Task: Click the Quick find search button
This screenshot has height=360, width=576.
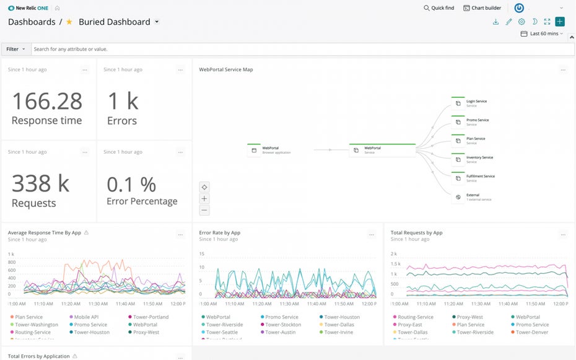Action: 439,8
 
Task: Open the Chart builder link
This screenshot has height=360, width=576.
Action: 482,8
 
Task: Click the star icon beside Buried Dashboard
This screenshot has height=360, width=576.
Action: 69,22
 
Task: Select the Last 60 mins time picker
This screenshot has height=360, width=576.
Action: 542,33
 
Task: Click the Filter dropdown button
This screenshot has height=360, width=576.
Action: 15,49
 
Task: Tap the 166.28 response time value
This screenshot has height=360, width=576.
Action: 46,101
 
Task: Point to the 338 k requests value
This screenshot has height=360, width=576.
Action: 40,183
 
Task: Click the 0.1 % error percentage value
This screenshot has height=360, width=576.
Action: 131,184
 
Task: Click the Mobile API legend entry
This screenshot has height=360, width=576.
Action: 86,317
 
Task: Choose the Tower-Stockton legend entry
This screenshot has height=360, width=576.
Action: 283,325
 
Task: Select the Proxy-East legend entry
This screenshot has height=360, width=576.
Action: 409,325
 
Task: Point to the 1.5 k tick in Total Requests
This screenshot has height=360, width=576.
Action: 395,265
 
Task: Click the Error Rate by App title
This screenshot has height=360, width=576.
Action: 219,233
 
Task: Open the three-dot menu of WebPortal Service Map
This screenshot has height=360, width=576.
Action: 563,70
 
